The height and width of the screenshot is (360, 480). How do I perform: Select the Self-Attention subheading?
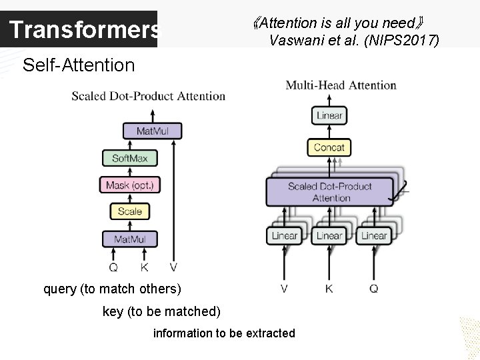point(78,65)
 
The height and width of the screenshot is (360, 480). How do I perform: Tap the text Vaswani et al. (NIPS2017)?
point(354,40)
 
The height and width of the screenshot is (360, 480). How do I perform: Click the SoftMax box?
point(130,158)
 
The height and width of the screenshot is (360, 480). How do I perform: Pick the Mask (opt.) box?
point(130,185)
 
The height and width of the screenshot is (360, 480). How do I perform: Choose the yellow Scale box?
point(130,211)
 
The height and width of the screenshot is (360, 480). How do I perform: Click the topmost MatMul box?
point(152,131)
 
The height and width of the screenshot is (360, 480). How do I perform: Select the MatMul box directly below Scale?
point(130,239)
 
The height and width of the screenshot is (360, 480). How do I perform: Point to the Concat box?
point(329,147)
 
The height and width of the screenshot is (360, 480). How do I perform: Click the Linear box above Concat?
point(329,115)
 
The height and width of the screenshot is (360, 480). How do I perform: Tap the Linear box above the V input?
point(285,235)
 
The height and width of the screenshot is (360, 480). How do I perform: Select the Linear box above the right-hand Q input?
point(373,235)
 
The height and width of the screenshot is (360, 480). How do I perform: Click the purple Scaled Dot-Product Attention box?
point(330,192)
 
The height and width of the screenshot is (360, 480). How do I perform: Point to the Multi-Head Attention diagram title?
point(341,85)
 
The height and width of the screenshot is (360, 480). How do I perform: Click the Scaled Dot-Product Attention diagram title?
point(149,96)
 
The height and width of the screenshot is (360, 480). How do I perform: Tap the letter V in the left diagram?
point(174,267)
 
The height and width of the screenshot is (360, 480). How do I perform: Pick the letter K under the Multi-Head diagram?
point(329,289)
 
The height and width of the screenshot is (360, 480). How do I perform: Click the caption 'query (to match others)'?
point(112,289)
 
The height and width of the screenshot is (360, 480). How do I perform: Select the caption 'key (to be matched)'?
point(161,311)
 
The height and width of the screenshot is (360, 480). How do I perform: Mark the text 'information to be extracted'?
point(224,333)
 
